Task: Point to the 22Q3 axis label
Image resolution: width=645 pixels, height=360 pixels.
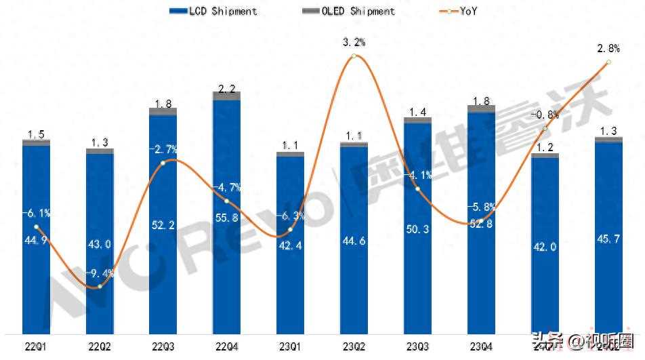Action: [163, 348]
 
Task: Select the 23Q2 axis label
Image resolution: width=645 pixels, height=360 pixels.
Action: [353, 348]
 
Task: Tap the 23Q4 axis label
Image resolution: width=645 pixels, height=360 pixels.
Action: [480, 348]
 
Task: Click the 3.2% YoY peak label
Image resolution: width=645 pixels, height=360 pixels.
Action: [353, 42]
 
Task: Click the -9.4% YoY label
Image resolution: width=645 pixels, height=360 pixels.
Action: [102, 275]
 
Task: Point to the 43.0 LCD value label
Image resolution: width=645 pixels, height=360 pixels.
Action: [100, 244]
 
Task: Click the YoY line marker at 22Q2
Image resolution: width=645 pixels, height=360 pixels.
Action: [100, 287]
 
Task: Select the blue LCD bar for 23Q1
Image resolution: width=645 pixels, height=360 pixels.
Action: [290, 285]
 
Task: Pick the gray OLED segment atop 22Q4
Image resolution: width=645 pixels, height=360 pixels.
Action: [226, 96]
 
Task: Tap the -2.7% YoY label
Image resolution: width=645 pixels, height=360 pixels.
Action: [163, 149]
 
